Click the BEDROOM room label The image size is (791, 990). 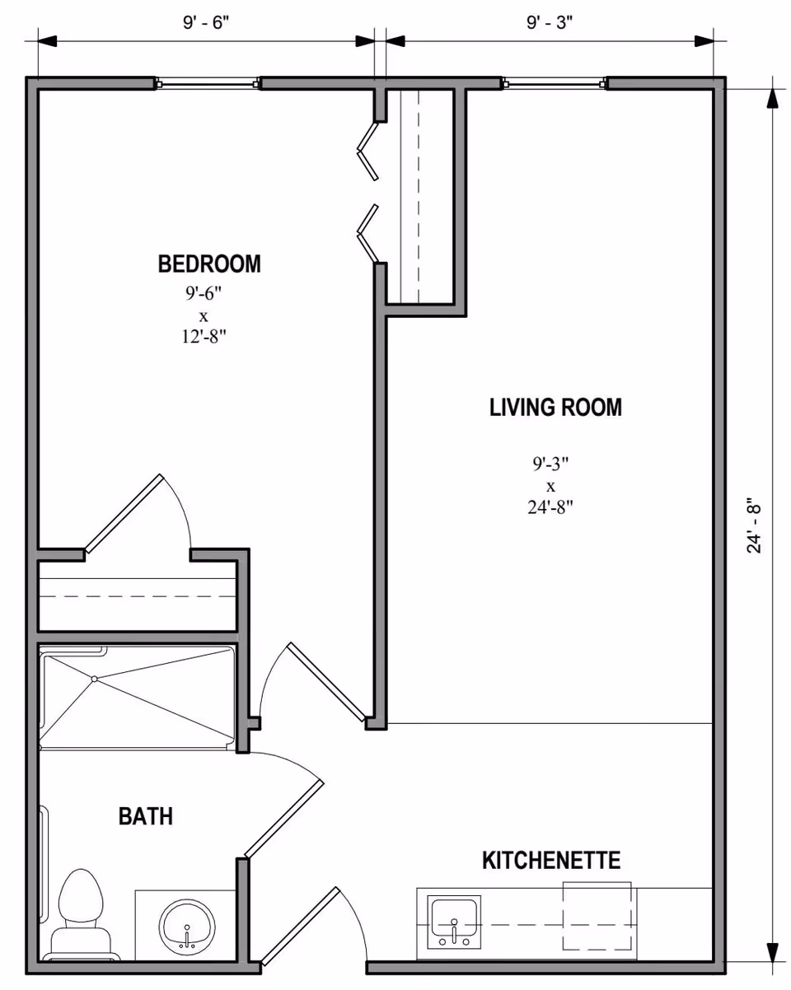209,264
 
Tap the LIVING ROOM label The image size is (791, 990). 555,407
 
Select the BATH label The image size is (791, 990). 146,816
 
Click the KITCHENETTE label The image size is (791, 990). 550,862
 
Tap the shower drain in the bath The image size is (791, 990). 95,679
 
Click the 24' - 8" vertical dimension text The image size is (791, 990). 754,525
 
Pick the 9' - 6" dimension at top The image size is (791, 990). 205,22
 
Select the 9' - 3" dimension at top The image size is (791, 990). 550,22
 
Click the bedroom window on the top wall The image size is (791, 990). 208,82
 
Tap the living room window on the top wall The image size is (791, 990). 555,82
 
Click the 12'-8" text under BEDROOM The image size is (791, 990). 204,335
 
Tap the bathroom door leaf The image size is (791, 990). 284,819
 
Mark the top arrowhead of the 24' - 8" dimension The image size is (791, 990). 772,97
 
